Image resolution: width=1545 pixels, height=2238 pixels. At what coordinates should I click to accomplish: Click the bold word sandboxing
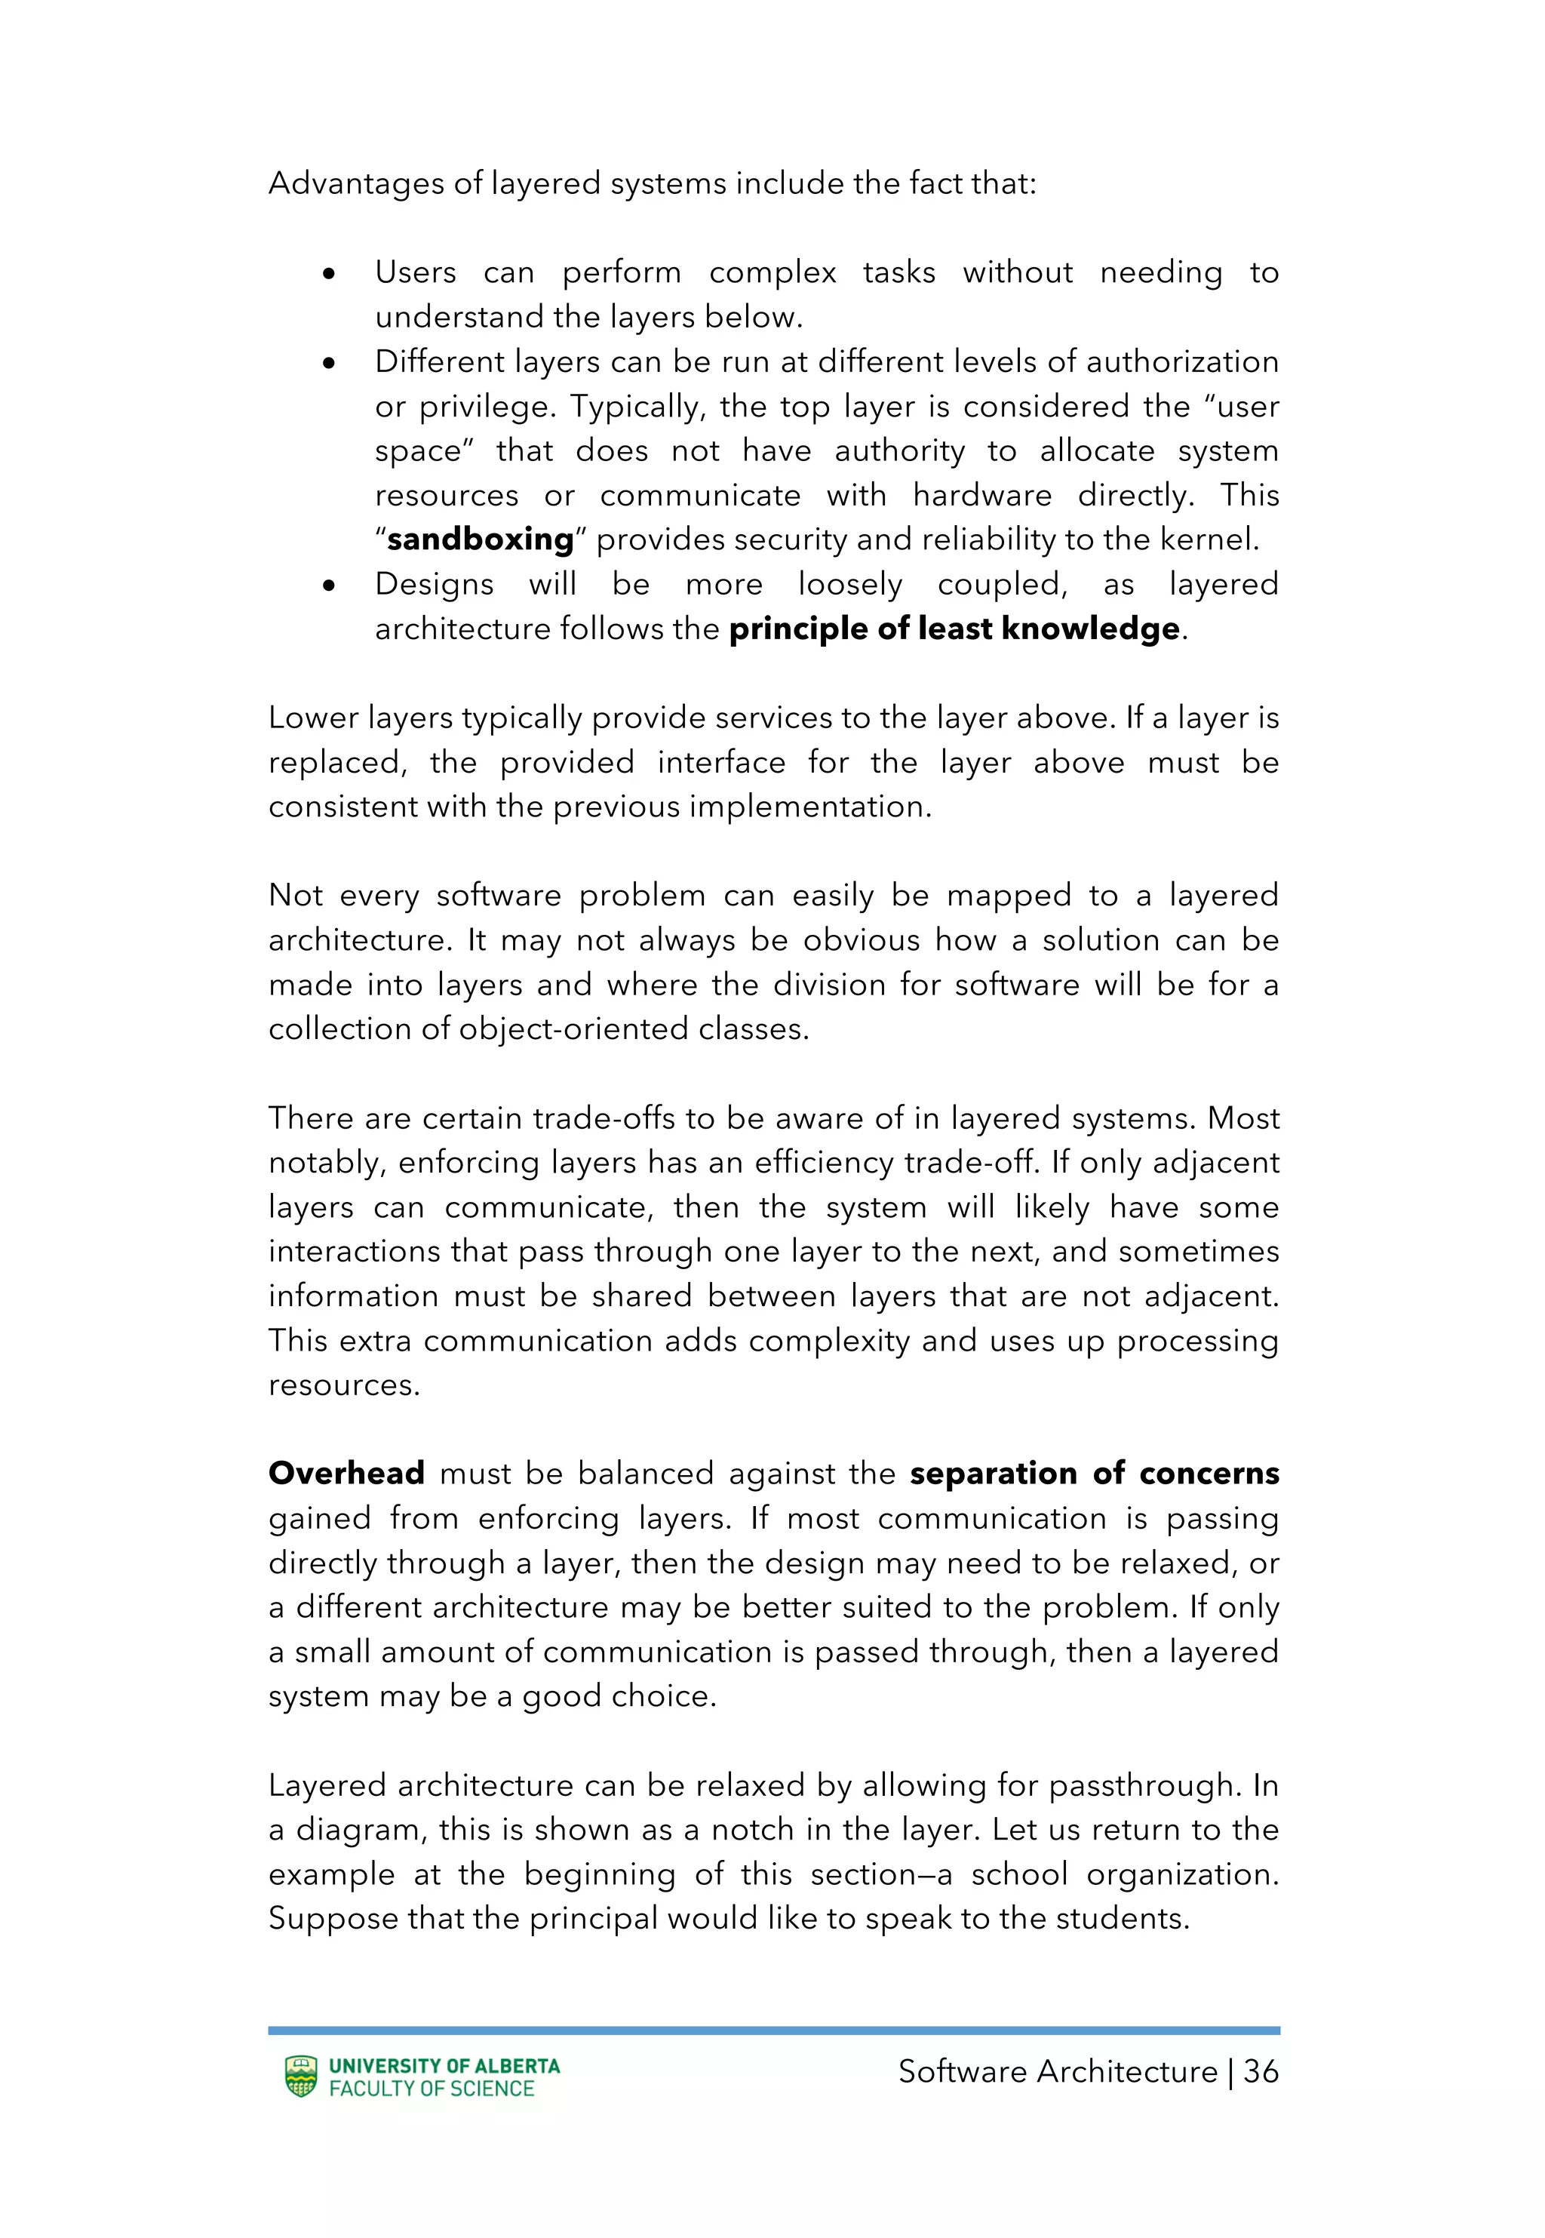[x=480, y=540]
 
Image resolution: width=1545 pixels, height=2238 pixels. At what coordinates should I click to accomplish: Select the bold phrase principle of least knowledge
[x=954, y=629]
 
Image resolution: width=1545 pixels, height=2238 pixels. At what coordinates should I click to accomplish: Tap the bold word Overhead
[x=346, y=1474]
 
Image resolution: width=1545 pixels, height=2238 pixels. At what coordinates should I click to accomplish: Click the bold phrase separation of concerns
[x=1093, y=1474]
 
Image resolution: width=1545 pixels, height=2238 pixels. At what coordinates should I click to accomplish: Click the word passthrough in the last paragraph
[x=1142, y=1785]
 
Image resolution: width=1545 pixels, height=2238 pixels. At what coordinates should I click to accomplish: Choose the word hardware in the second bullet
[x=981, y=495]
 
